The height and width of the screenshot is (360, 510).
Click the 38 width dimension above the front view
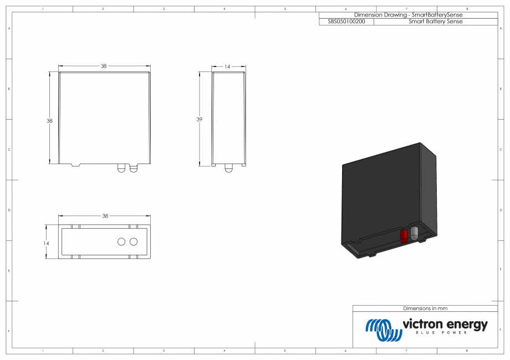point(104,66)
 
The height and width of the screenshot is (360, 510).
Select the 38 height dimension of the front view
point(49,121)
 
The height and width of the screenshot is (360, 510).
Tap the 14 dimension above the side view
point(227,66)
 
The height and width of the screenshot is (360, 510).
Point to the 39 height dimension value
point(200,120)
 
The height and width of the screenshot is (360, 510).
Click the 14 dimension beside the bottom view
point(47,243)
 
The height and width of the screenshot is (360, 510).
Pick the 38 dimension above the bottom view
point(105,216)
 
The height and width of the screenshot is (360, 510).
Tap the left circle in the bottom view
point(121,242)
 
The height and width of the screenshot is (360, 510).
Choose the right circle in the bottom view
point(133,242)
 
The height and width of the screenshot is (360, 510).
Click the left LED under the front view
point(121,168)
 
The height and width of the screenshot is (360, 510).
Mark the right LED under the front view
point(133,168)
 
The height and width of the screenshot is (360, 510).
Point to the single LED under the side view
point(228,168)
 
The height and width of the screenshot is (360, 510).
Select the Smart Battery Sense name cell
point(435,22)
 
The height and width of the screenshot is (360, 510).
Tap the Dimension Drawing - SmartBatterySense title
point(408,15)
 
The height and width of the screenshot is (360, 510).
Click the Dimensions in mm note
point(425,308)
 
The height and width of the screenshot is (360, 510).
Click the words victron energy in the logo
point(445,324)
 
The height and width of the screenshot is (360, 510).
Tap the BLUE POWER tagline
point(441,333)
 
